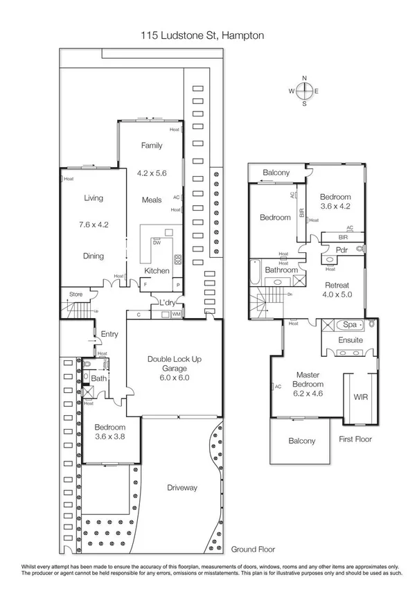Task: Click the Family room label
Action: pos(152,146)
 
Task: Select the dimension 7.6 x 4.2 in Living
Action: pos(94,225)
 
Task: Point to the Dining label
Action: pos(94,256)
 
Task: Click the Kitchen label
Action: pos(157,270)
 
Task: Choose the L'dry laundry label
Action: pos(167,303)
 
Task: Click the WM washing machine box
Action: pos(176,315)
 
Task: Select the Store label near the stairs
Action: pos(75,294)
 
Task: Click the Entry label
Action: pos(109,334)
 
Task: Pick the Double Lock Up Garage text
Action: pos(173,364)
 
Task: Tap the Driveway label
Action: pos(182,487)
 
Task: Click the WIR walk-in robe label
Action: pos(360,398)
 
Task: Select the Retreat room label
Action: pos(337,285)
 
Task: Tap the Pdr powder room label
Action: pos(341,249)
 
